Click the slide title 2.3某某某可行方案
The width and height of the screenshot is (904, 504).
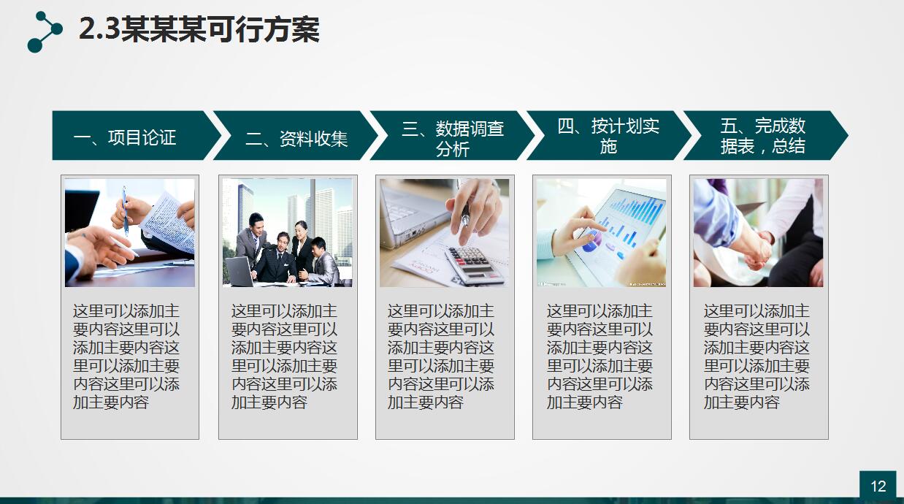pos(199,31)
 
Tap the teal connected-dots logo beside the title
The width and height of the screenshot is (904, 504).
pos(45,32)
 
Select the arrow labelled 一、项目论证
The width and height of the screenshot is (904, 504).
pos(131,136)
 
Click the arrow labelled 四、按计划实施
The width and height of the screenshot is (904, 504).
pos(608,136)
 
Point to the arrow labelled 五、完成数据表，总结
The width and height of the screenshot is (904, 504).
pos(763,136)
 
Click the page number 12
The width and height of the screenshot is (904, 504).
pos(878,486)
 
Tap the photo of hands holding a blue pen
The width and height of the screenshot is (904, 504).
pos(130,232)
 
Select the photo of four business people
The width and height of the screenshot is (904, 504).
pos(287,232)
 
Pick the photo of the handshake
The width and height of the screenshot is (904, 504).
pos(758,232)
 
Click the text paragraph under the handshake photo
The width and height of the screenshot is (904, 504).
pos(756,356)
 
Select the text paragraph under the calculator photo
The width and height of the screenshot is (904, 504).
pos(440,356)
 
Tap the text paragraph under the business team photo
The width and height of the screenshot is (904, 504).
pos(284,356)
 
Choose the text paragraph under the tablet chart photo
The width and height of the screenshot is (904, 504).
pos(600,356)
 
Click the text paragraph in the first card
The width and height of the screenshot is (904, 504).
pos(126,356)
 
